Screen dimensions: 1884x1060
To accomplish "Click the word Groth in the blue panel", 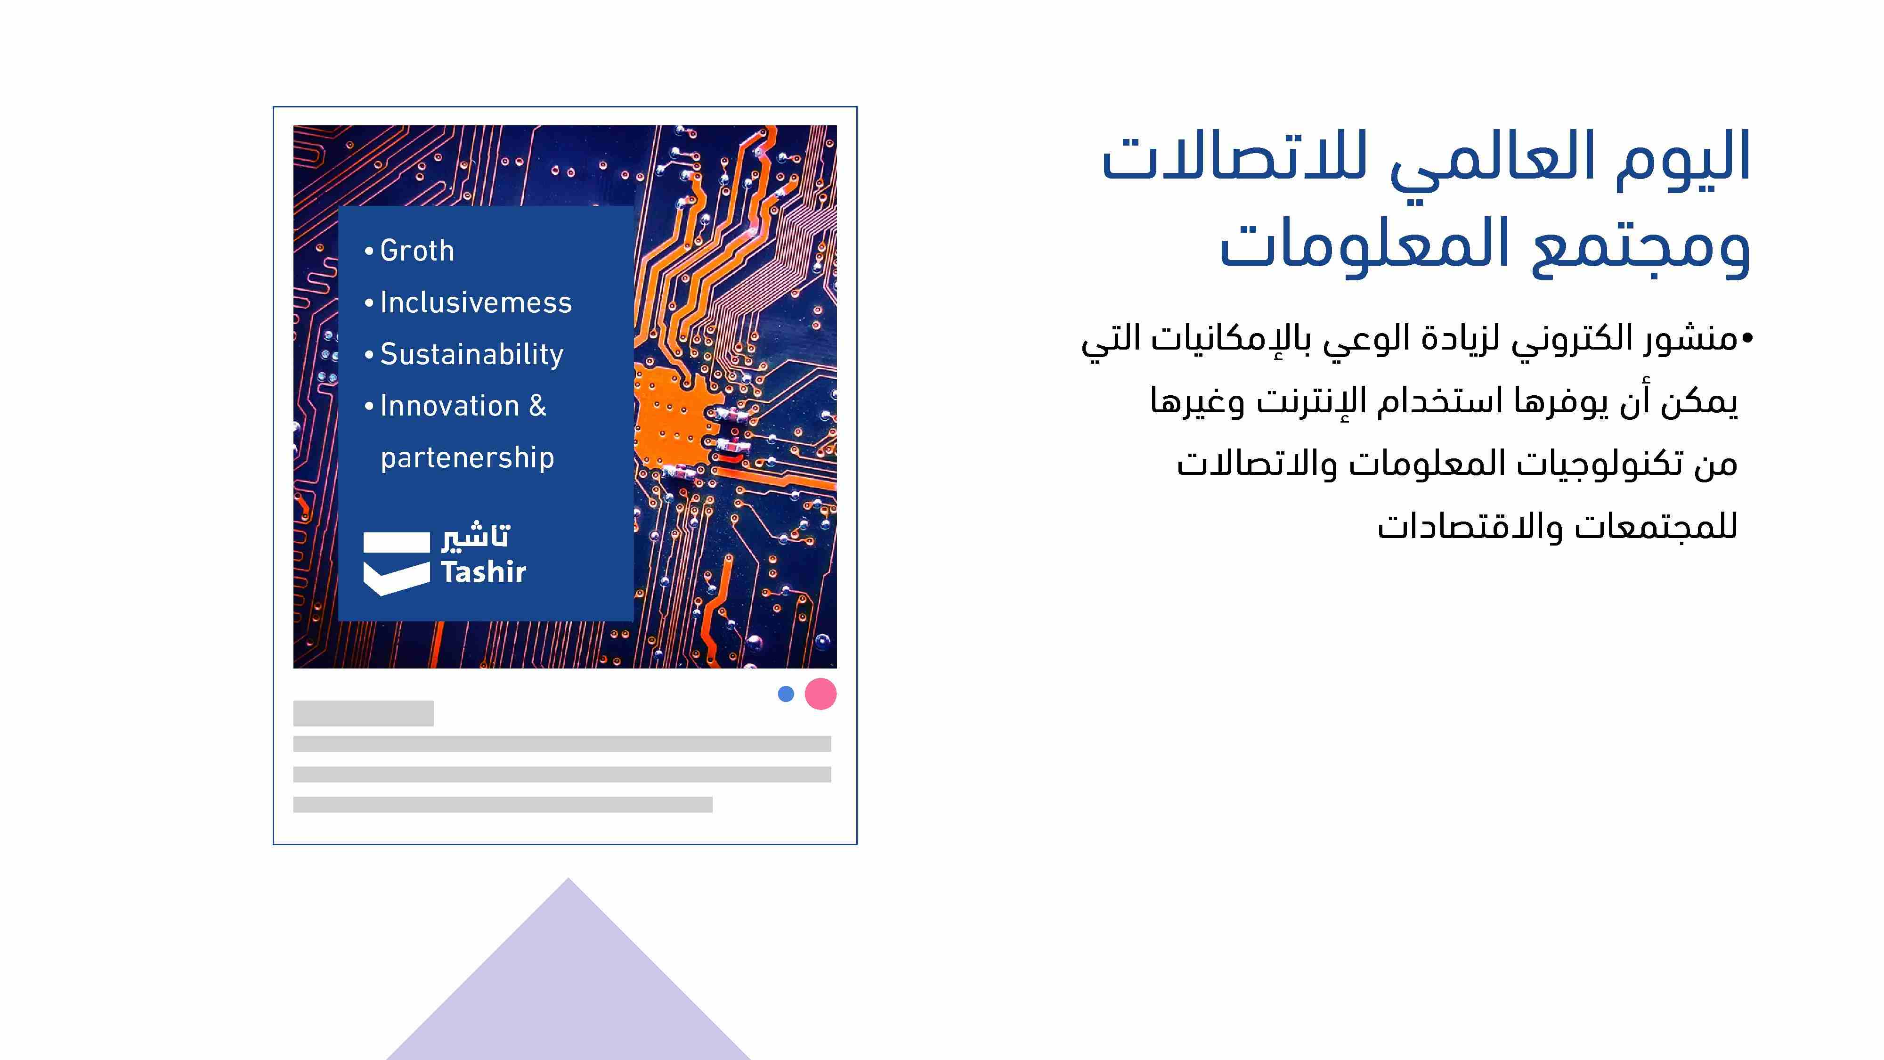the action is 417,251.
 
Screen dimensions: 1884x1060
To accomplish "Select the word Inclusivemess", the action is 475,302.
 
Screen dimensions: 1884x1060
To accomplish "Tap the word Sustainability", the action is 472,355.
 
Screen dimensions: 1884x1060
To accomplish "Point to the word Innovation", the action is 449,406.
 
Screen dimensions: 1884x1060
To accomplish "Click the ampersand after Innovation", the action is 537,406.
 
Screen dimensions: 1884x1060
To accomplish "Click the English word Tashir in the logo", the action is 483,572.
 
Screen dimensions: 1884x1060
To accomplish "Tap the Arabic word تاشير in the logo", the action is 475,536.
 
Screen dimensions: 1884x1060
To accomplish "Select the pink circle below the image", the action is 820,693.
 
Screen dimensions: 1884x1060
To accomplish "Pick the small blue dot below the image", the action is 786,693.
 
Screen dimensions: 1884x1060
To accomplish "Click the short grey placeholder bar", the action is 364,713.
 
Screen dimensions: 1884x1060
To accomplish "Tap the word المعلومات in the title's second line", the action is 1365,245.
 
